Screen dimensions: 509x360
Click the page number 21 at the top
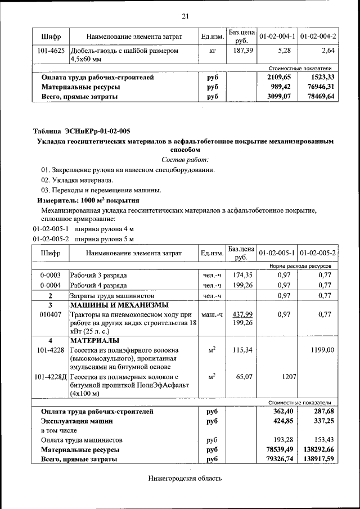click(185, 16)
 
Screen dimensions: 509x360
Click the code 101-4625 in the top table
click(51, 51)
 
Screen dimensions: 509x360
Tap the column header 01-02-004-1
click(277, 37)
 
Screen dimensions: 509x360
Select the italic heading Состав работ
click(185, 160)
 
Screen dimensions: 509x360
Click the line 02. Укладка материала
click(76, 180)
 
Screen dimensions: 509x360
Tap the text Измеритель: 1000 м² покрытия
click(88, 200)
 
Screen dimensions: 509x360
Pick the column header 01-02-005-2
click(318, 253)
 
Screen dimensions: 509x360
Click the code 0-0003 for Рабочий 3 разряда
click(51, 276)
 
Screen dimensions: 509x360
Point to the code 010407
click(51, 314)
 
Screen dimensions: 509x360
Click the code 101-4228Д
click(51, 376)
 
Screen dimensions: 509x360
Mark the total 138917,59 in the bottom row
click(318, 460)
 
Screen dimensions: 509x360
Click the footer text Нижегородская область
click(185, 479)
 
